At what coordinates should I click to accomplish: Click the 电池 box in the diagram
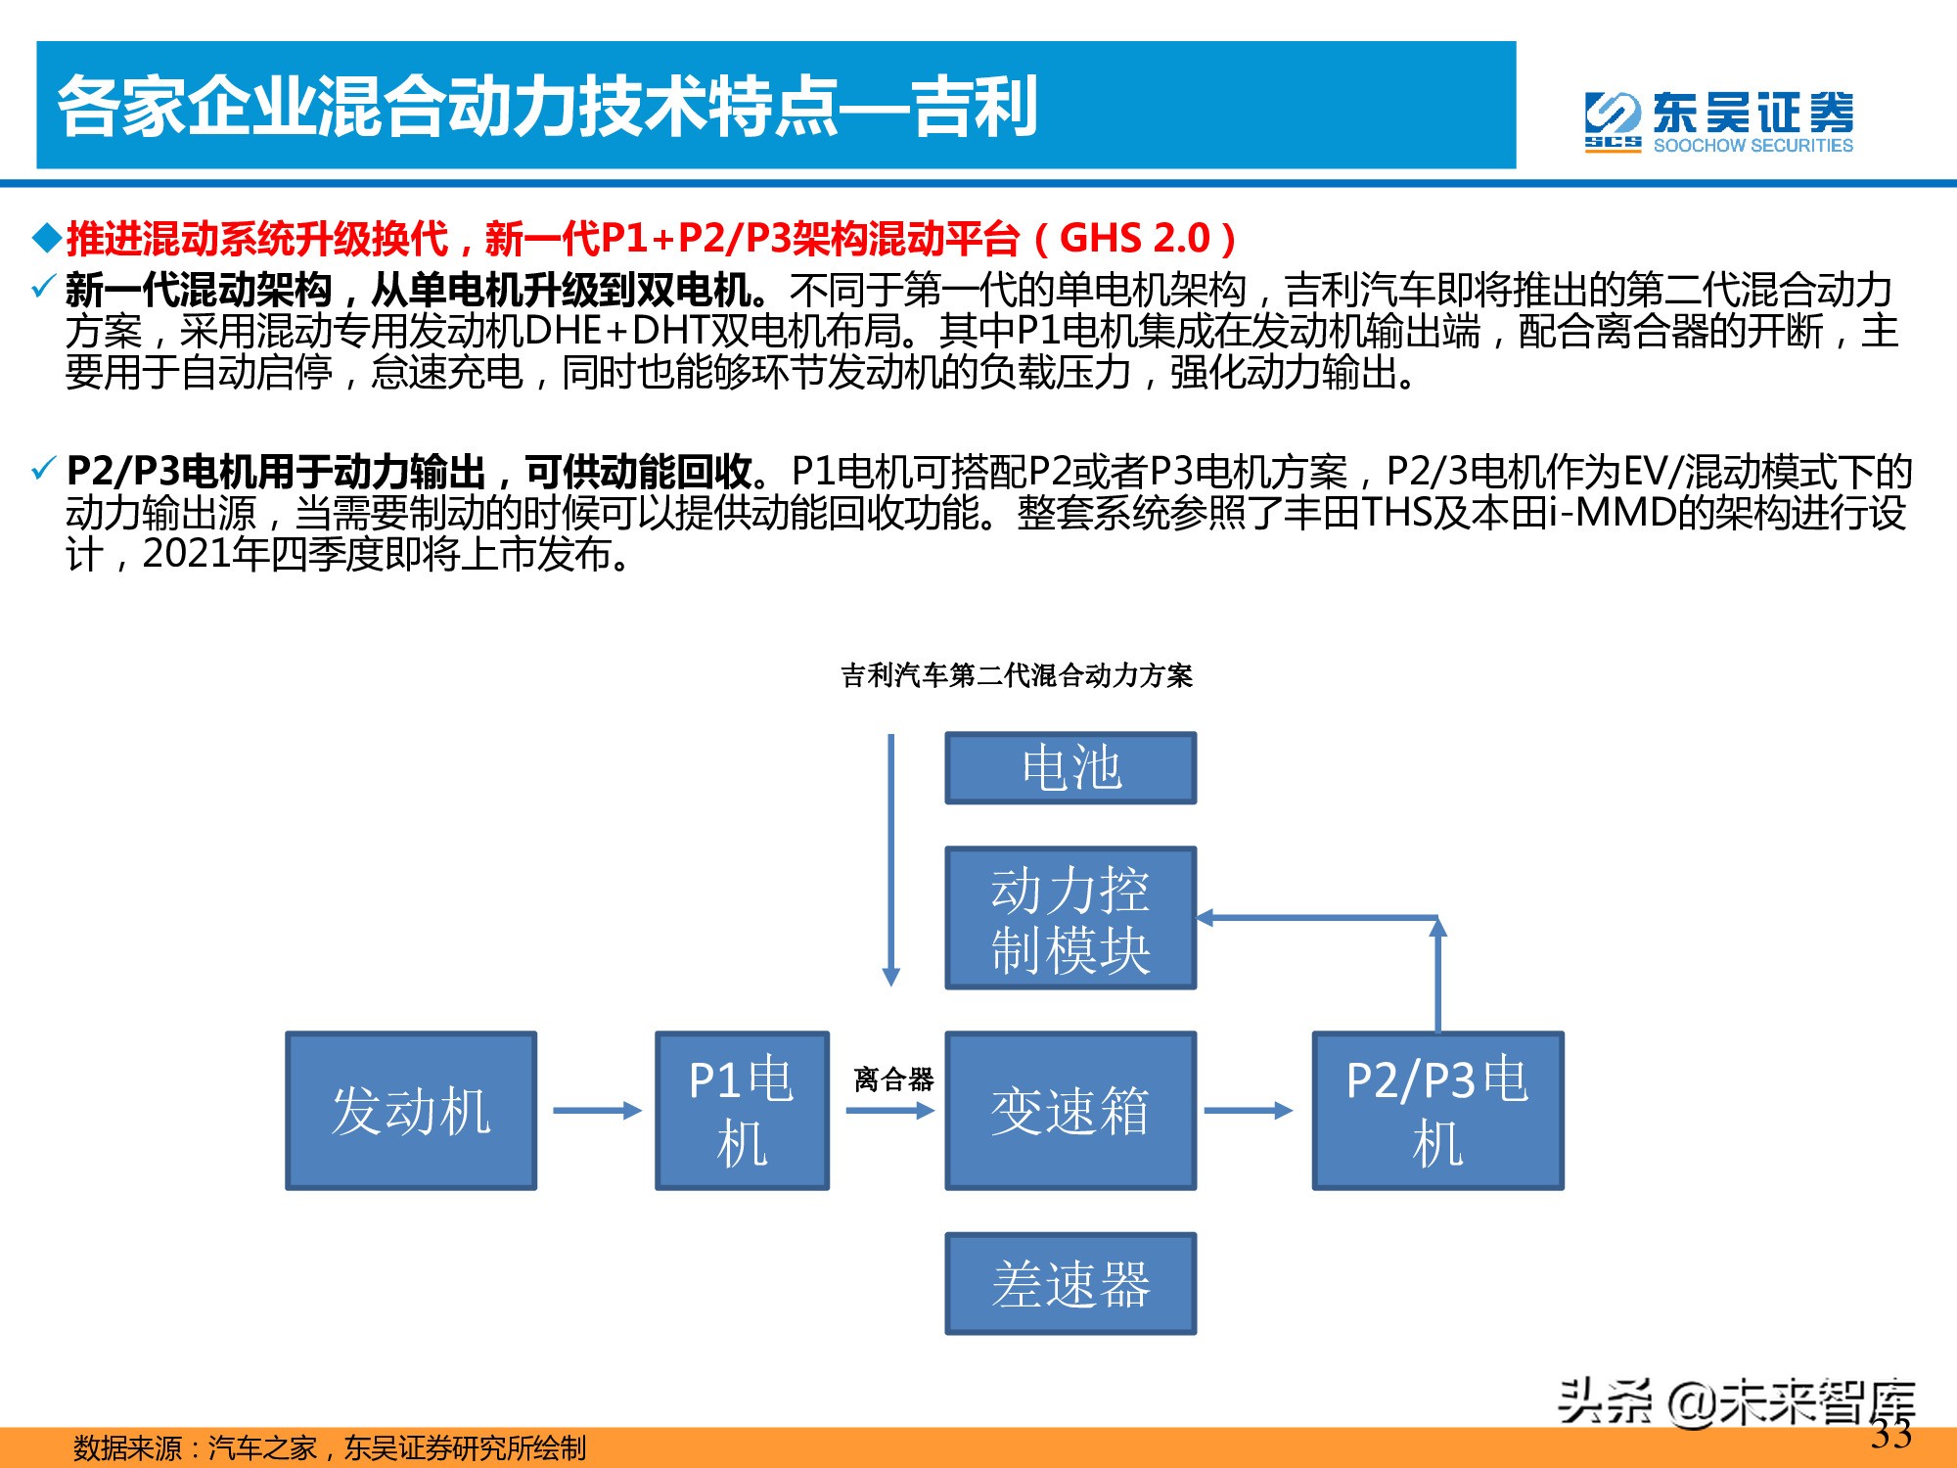click(x=1070, y=768)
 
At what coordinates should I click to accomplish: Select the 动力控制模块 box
click(x=1070, y=918)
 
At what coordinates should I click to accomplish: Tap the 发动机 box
click(x=411, y=1111)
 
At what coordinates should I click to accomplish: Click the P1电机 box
click(x=742, y=1111)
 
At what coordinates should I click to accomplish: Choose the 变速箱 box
click(x=1070, y=1111)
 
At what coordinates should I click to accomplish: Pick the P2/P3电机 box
click(x=1437, y=1111)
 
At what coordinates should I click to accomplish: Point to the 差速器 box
click(x=1070, y=1283)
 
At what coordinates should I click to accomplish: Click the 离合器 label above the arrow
click(x=893, y=1079)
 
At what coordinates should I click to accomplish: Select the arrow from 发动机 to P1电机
click(x=597, y=1111)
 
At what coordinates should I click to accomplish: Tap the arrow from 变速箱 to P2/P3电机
click(x=1249, y=1111)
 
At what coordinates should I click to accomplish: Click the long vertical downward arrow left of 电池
click(x=890, y=860)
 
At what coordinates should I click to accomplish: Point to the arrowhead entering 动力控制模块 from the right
click(x=1206, y=918)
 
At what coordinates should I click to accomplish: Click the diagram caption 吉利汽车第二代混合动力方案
click(x=1017, y=675)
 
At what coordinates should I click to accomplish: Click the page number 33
click(x=1891, y=1435)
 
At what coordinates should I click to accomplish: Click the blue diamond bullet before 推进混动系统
click(x=47, y=238)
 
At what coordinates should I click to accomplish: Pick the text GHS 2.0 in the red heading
click(x=1135, y=238)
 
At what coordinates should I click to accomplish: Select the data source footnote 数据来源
click(x=330, y=1447)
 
